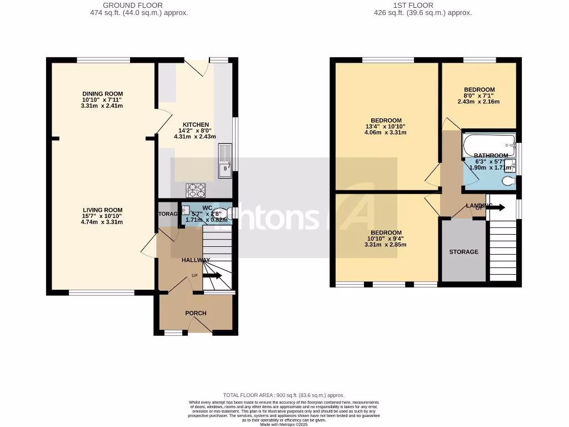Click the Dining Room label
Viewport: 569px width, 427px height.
tap(102, 93)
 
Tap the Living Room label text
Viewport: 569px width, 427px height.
tap(102, 210)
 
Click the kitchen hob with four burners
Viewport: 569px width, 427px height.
tap(195, 190)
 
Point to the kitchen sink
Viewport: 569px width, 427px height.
tap(225, 161)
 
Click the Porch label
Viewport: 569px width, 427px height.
tap(196, 313)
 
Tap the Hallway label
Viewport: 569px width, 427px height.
tap(196, 260)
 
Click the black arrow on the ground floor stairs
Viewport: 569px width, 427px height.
tap(212, 275)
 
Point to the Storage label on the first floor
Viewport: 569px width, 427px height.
tap(463, 252)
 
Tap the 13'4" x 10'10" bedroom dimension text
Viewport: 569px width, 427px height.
tap(386, 127)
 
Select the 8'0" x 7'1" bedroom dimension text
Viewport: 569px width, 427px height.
tap(479, 96)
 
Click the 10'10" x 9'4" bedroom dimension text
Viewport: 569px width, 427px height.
tap(386, 239)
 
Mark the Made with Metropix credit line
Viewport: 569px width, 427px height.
tap(284, 424)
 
